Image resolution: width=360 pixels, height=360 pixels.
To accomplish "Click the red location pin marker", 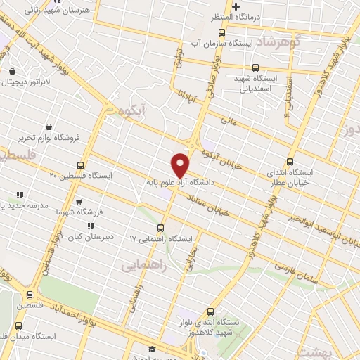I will click(181, 165).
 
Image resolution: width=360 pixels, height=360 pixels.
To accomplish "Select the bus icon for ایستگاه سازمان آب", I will click(222, 32).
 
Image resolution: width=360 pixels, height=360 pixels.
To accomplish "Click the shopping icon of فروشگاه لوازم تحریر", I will click(49, 127).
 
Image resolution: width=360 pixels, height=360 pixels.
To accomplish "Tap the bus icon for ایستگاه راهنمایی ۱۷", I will click(161, 227).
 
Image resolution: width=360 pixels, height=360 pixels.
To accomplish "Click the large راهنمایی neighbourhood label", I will click(143, 265).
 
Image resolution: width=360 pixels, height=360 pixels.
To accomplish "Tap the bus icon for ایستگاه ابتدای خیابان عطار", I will click(292, 160).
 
